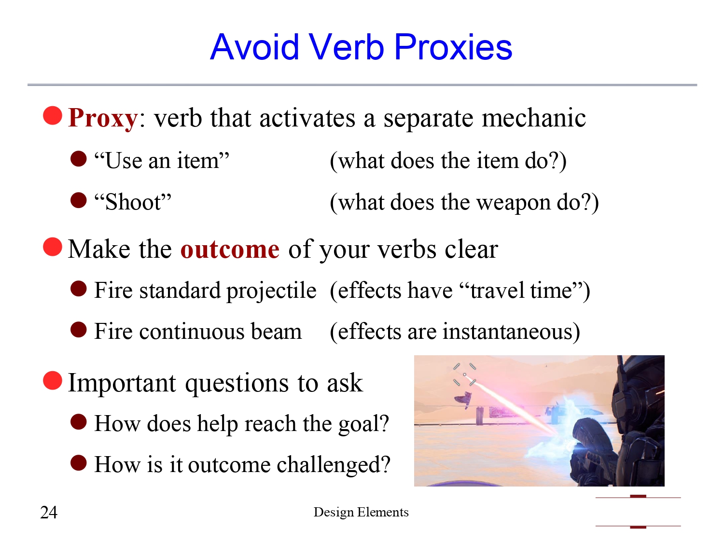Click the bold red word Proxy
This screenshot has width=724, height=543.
[103, 118]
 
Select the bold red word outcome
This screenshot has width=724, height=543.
[230, 250]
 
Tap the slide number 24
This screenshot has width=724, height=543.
[49, 512]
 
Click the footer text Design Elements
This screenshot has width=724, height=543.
[361, 512]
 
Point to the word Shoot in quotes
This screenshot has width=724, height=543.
[133, 202]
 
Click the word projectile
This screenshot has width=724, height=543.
[271, 291]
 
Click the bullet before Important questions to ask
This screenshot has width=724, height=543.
[53, 380]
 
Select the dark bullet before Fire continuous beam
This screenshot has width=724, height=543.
[79, 330]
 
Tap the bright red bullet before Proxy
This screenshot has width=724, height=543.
[53, 116]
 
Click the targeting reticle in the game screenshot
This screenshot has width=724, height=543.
[465, 375]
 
